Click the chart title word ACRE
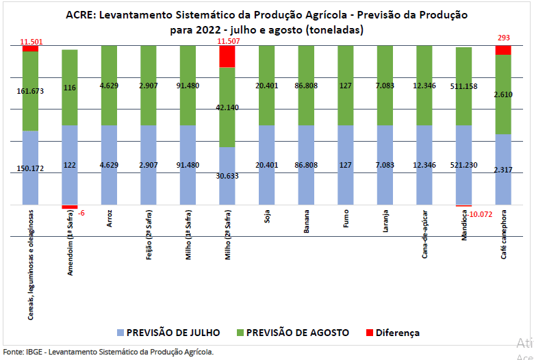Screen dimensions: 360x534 pos(81,14)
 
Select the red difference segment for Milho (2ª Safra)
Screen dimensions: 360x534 pos(227,56)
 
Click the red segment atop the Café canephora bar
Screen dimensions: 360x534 pos(503,50)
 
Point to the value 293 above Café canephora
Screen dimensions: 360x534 pos(504,38)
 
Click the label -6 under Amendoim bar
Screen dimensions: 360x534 pos(81,213)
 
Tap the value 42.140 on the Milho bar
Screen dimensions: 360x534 pos(227,107)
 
